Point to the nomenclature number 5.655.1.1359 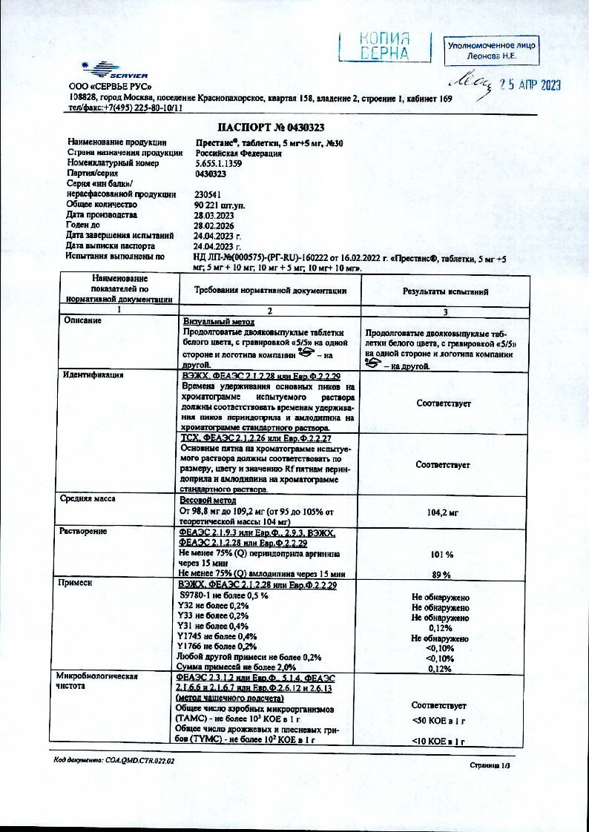[x=219, y=163]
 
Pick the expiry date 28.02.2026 [x=214, y=225]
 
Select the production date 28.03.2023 [x=214, y=215]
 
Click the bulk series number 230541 [x=206, y=194]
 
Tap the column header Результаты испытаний [x=445, y=293]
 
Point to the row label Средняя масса [x=87, y=499]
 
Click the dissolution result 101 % [x=442, y=554]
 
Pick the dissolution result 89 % [x=442, y=575]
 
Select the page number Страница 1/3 [x=491, y=765]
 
